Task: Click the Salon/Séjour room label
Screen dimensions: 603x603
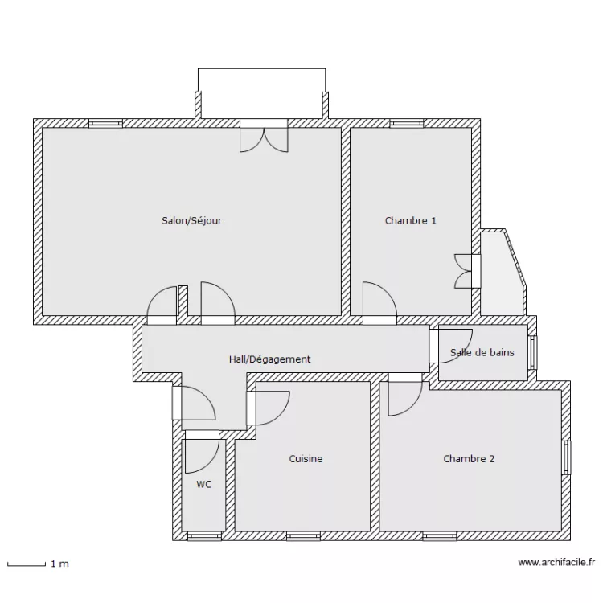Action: point(191,220)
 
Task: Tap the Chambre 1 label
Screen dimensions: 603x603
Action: point(410,220)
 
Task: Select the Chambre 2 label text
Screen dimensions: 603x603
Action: point(469,459)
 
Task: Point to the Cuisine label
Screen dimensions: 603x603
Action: point(306,459)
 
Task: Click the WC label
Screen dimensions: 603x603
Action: point(204,485)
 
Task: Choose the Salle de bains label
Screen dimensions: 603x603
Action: point(482,352)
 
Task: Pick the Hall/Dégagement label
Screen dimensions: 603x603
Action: point(269,359)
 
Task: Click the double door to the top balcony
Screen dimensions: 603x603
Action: point(264,137)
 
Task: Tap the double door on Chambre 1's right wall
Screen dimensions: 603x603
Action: point(467,271)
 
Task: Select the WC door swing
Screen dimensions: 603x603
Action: point(201,454)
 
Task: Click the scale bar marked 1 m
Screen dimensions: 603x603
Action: point(27,564)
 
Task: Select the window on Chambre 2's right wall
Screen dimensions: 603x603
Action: point(566,458)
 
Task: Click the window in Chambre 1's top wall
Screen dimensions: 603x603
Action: point(407,124)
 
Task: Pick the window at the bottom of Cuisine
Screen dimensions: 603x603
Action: point(304,535)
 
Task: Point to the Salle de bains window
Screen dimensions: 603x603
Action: point(531,351)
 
